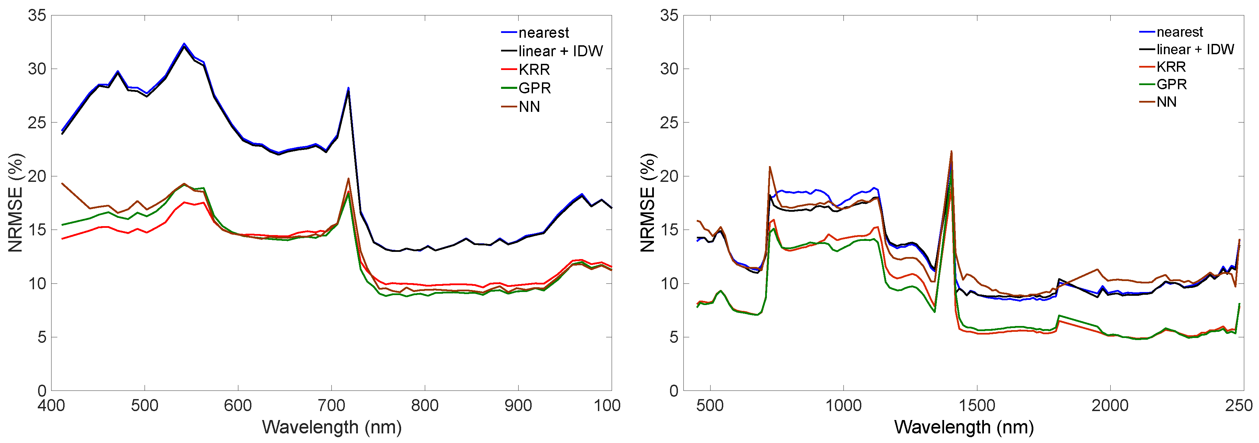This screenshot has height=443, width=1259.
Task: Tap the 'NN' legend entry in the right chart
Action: coord(1166,102)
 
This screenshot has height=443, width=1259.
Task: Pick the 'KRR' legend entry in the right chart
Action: coord(1171,67)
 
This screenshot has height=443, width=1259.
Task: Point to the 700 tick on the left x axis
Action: coord(331,405)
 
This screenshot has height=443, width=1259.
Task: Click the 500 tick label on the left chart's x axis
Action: coord(145,405)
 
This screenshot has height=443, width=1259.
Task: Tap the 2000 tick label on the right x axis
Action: coord(1110,405)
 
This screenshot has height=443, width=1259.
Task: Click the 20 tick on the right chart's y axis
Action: coord(669,176)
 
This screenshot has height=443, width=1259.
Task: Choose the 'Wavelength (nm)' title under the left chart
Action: coord(331,427)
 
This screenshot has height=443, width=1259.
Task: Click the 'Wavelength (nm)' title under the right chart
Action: coord(964,427)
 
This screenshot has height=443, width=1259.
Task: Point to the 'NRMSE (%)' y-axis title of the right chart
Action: coord(648,203)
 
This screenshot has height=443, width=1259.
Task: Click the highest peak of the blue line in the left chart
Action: coord(184,44)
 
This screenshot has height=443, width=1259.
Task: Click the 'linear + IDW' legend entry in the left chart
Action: coord(560,51)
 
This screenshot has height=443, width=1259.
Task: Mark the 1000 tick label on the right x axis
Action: coord(843,405)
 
